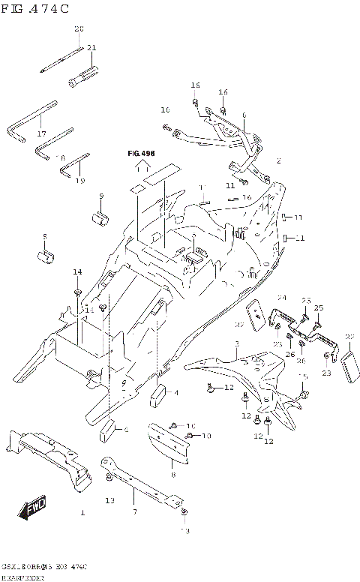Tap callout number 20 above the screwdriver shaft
[79, 28]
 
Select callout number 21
[91, 47]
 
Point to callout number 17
[41, 134]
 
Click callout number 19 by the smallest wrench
[80, 181]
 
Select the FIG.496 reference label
[140, 153]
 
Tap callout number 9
[101, 196]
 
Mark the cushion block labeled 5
[46, 257]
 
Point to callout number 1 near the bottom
[82, 513]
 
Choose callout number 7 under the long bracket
[135, 512]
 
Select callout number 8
[172, 475]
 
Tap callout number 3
[235, 344]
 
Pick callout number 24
[282, 298]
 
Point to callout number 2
[278, 160]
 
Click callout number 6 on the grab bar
[244, 115]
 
